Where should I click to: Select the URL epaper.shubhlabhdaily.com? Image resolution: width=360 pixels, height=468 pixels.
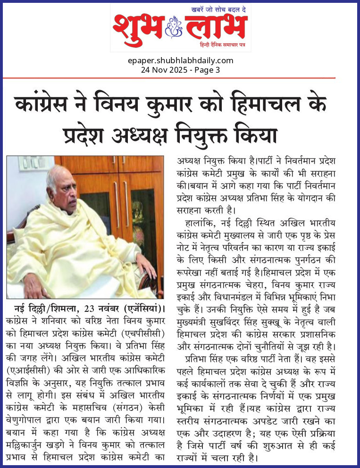pos(180,60)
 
